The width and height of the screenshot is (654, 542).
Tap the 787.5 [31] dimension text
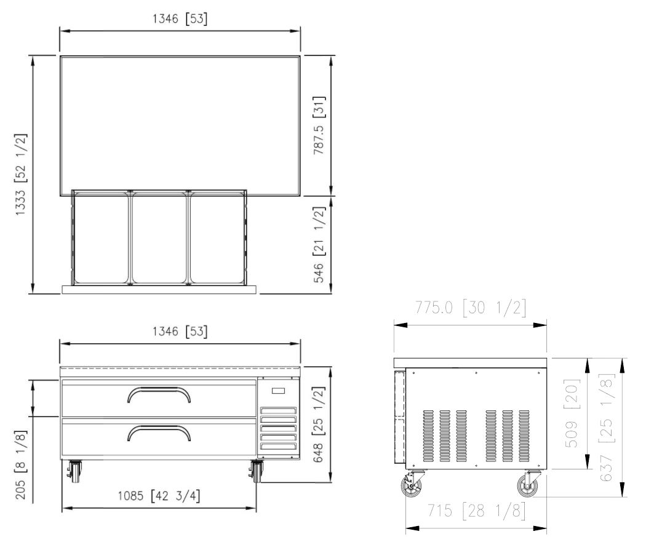click(x=319, y=126)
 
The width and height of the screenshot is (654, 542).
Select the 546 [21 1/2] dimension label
click(x=319, y=244)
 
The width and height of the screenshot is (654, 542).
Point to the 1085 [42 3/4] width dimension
click(x=159, y=496)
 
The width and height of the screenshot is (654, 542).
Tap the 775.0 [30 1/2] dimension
click(x=471, y=308)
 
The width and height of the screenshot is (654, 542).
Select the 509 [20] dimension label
click(x=572, y=413)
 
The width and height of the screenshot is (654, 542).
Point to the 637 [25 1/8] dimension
click(x=607, y=428)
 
